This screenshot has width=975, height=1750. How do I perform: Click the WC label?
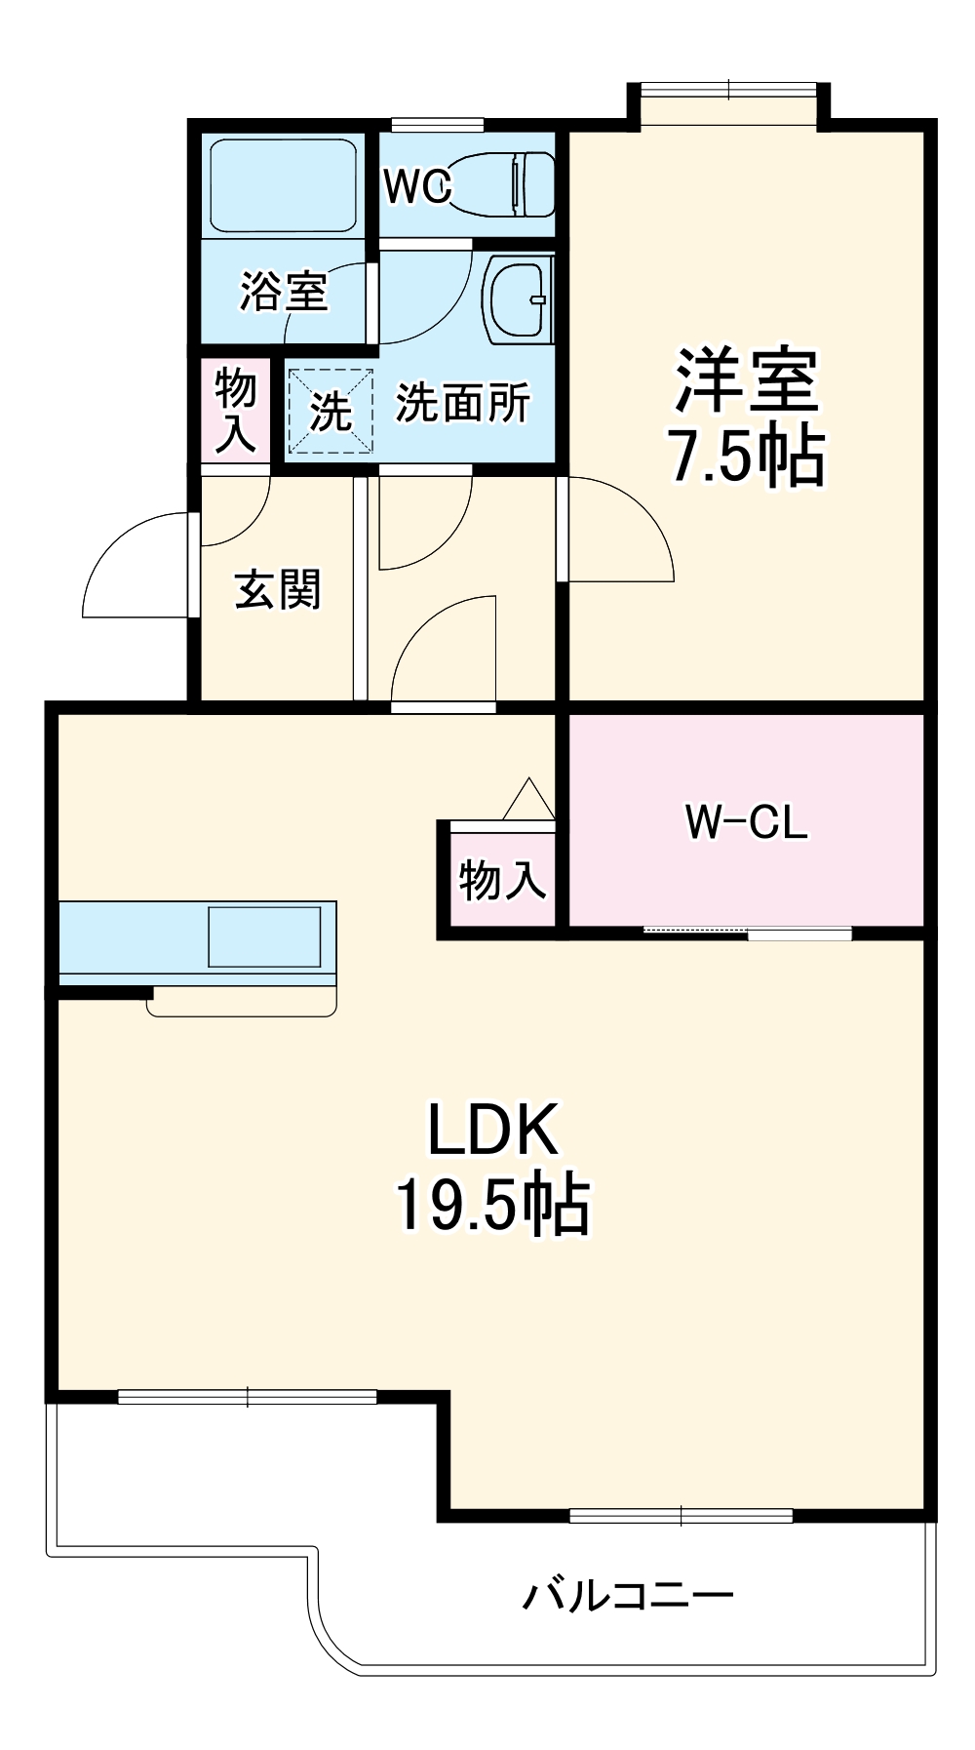click(416, 186)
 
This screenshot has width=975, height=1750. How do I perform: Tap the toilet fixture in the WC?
click(503, 183)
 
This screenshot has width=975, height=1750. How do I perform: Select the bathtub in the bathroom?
click(283, 184)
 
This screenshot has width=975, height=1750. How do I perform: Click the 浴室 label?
click(284, 292)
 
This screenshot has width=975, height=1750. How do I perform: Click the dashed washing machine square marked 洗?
click(330, 411)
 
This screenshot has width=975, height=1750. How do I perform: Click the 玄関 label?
click(277, 589)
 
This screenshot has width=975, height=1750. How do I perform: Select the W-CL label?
click(746, 821)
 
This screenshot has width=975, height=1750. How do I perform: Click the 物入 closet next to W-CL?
click(501, 879)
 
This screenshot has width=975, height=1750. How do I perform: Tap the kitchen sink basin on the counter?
click(264, 936)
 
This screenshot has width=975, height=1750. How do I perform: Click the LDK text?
click(492, 1130)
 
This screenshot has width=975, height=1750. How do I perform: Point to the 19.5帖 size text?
click(492, 1205)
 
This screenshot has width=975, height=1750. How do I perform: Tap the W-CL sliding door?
click(748, 933)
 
